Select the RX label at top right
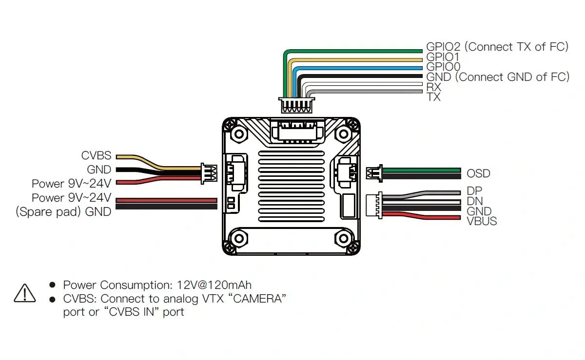coord(433,87)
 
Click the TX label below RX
coord(433,97)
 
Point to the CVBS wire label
coord(96,156)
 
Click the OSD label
coord(478,173)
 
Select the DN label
coord(474,201)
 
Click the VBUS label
coord(482,221)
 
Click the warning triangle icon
coord(25,292)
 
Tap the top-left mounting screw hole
coord(239,133)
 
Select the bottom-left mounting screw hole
coord(239,239)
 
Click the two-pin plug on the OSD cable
coord(373,173)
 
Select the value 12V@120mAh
coord(215,285)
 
